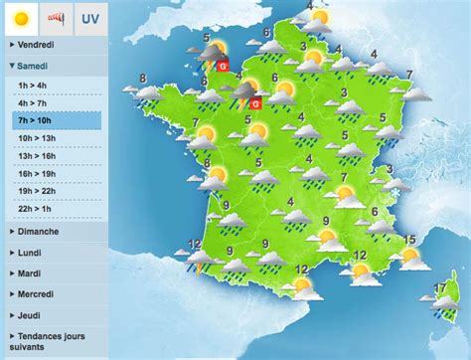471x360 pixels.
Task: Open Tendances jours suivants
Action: click(x=50, y=341)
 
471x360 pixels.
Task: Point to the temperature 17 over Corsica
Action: click(x=439, y=289)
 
